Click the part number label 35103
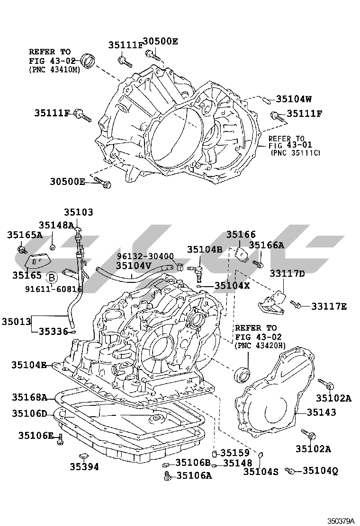point(79,213)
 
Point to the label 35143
point(321,412)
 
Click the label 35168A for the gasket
point(29,397)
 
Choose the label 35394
point(84,467)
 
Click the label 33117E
point(329,307)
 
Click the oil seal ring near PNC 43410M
point(88,60)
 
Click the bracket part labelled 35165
point(37,261)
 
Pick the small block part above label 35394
point(83,456)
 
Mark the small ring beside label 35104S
point(260,456)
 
